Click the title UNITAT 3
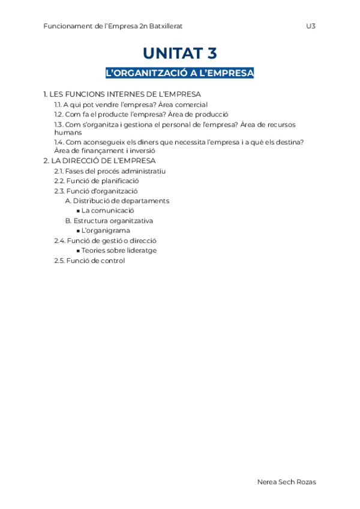pyautogui.click(x=180, y=53)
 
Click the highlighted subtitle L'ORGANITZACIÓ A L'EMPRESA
pyautogui.click(x=180, y=73)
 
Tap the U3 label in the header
pyautogui.click(x=310, y=26)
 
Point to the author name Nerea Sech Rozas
pyautogui.click(x=286, y=482)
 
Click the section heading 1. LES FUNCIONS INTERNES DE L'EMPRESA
pyautogui.click(x=122, y=94)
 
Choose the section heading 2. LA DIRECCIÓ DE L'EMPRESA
pyautogui.click(x=100, y=161)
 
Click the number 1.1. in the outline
pyautogui.click(x=58, y=104)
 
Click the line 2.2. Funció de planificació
pyautogui.click(x=96, y=181)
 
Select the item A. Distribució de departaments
pyautogui.click(x=117, y=200)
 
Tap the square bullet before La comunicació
pyautogui.click(x=78, y=211)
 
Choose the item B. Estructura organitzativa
pyautogui.click(x=109, y=220)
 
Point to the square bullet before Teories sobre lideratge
pyautogui.click(x=78, y=250)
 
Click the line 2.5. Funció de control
pyautogui.click(x=89, y=261)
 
